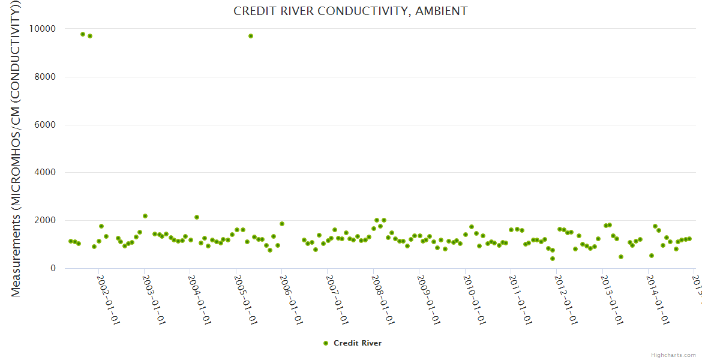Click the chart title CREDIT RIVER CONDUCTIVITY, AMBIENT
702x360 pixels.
point(350,11)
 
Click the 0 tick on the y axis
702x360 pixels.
point(53,269)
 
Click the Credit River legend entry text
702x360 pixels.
point(358,343)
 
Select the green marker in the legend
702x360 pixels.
point(326,343)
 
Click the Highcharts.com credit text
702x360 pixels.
point(673,355)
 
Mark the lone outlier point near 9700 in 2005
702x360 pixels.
point(251,36)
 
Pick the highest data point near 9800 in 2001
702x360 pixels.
point(83,34)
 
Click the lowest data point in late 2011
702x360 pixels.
point(553,259)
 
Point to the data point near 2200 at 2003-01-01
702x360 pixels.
point(145,216)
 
